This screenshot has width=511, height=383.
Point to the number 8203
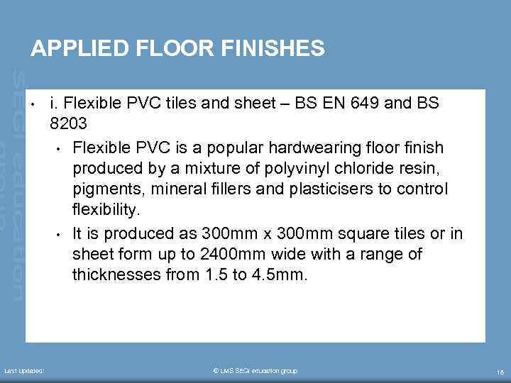pyautogui.click(x=68, y=124)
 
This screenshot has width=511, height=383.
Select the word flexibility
pyautogui.click(x=106, y=211)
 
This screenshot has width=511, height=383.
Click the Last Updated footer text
pyautogui.click(x=24, y=371)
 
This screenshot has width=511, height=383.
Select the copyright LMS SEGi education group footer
pyautogui.click(x=255, y=371)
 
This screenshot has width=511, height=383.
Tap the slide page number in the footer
pyautogui.click(x=500, y=372)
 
